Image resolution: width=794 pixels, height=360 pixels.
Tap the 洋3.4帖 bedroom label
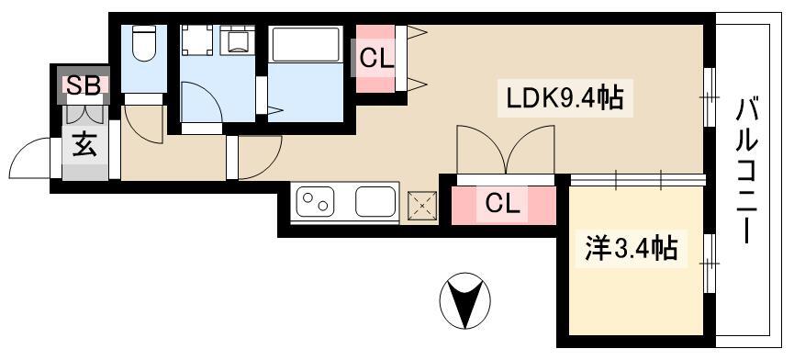click(x=632, y=248)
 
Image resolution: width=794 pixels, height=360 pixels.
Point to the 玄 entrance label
click(x=84, y=145)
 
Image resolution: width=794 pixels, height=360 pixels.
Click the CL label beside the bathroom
click(x=376, y=60)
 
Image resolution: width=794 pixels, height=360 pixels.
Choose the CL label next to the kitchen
click(x=503, y=205)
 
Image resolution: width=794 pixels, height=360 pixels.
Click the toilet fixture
click(x=144, y=43)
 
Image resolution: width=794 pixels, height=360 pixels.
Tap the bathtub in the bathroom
click(x=306, y=45)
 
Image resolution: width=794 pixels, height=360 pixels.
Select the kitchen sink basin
click(x=375, y=201)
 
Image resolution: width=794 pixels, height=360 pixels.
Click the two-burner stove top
click(x=315, y=201)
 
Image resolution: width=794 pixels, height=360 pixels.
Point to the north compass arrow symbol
click(x=464, y=300)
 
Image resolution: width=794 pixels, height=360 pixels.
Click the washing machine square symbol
click(x=197, y=40)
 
